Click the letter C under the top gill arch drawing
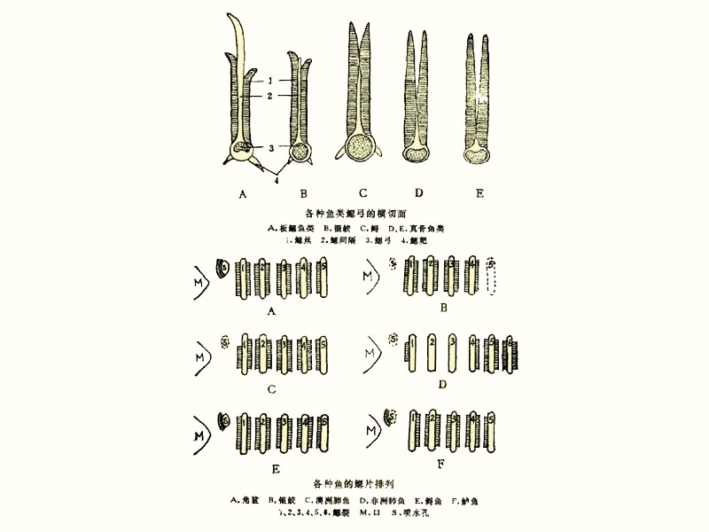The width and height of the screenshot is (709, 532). click(362, 192)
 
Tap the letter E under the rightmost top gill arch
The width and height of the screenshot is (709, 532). click(479, 192)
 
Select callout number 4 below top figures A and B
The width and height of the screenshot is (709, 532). click(276, 181)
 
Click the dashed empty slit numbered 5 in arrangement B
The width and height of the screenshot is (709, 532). click(495, 279)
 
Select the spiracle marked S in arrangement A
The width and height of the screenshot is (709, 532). click(223, 266)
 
